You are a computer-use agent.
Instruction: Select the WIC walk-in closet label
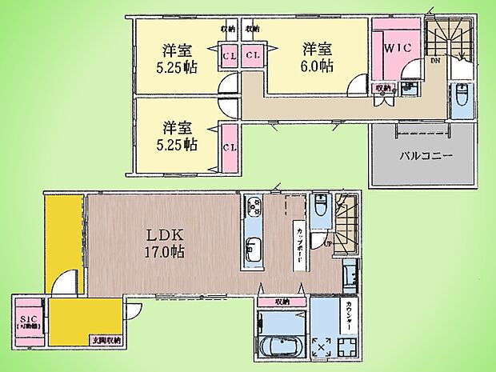(398, 48)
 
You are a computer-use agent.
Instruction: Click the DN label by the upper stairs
(435, 60)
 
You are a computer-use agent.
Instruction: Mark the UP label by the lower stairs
(328, 242)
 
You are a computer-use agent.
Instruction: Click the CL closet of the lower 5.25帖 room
(229, 147)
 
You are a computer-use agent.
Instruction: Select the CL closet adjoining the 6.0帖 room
(252, 55)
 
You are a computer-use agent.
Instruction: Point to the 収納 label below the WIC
(384, 88)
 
